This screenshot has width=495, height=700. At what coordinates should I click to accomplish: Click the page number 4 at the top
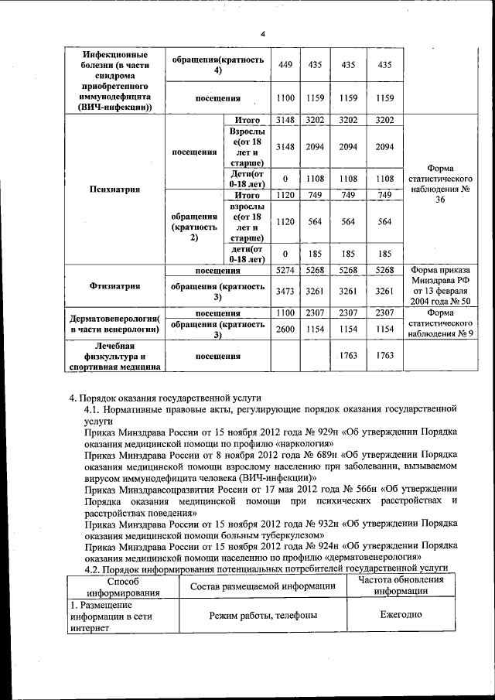[x=262, y=34]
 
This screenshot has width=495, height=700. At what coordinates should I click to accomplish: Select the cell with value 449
[x=285, y=66]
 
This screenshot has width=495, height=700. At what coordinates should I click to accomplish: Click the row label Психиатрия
[x=114, y=190]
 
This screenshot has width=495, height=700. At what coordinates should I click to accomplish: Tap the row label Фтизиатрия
[x=114, y=286]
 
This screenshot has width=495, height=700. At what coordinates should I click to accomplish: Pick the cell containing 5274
[x=285, y=270]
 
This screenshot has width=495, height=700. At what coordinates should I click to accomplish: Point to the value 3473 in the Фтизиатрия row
[x=285, y=292]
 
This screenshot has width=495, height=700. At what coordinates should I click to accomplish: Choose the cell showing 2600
[x=285, y=329]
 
